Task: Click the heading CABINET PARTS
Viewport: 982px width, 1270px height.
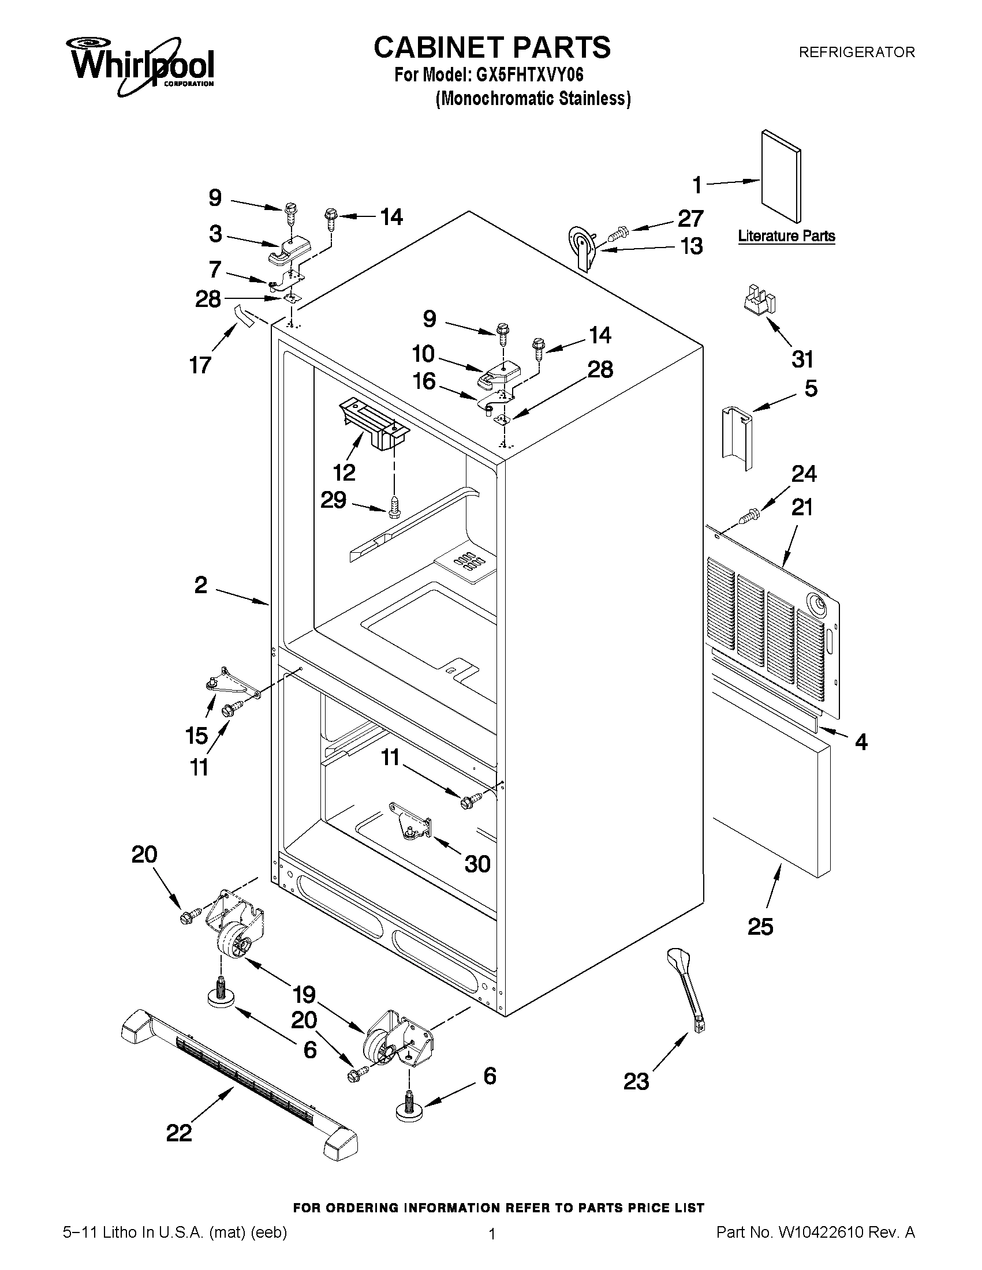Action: point(492,47)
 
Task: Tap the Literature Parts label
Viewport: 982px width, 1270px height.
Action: point(786,236)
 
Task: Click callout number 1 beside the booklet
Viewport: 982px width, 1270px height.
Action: point(697,185)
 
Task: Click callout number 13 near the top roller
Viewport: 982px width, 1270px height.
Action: point(692,246)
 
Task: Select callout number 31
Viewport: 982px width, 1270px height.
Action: point(802,359)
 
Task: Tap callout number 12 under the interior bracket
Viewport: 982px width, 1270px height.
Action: point(345,472)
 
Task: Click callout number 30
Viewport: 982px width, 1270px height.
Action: point(477,864)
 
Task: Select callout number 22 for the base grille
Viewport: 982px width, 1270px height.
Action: point(178,1133)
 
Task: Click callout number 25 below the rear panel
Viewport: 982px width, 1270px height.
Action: point(760,926)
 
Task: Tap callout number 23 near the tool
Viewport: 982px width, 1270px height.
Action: point(636,1081)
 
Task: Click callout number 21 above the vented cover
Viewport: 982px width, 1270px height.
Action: point(802,508)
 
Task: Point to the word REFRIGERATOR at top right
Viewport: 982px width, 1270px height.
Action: point(856,53)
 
